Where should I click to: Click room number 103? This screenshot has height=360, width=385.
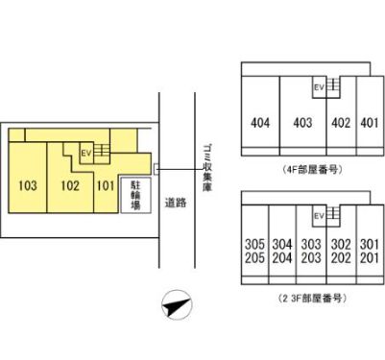[27, 184]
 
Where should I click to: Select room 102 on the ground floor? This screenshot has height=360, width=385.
[68, 184]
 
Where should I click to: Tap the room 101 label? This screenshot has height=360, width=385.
[106, 184]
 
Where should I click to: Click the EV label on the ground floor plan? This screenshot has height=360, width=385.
[84, 152]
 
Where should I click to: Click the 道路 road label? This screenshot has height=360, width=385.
[174, 203]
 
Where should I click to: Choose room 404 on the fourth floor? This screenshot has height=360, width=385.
[260, 122]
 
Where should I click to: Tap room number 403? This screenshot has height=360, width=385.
[303, 122]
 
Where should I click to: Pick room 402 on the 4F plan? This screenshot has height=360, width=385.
[340, 122]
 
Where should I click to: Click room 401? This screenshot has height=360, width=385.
[370, 122]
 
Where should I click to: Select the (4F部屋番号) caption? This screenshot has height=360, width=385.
[312, 169]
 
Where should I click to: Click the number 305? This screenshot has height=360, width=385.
[254, 243]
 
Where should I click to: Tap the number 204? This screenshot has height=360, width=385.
[282, 257]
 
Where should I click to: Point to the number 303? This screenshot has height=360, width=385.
[311, 243]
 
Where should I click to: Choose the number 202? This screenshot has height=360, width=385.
[341, 257]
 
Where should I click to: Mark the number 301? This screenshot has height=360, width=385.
[370, 243]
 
